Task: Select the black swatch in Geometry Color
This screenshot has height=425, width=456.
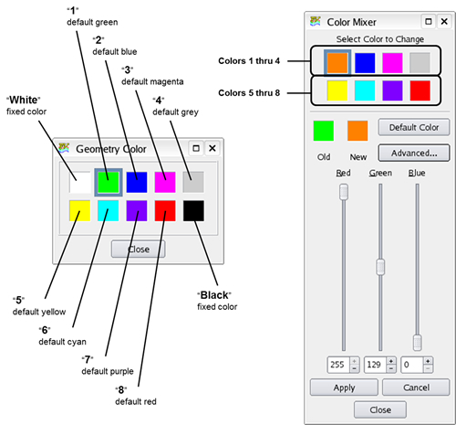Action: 192,211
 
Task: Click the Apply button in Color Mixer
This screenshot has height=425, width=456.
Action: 343,388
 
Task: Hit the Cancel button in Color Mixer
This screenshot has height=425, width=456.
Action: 414,388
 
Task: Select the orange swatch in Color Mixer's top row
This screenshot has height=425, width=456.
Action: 337,61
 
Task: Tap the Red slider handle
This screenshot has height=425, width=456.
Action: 344,191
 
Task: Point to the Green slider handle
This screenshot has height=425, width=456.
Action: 380,266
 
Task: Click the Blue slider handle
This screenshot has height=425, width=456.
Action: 417,342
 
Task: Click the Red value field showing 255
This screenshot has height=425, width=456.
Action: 337,364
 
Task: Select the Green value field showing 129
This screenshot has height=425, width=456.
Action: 374,364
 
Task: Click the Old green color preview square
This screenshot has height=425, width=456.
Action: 322,131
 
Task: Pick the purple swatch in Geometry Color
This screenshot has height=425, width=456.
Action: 137,211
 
